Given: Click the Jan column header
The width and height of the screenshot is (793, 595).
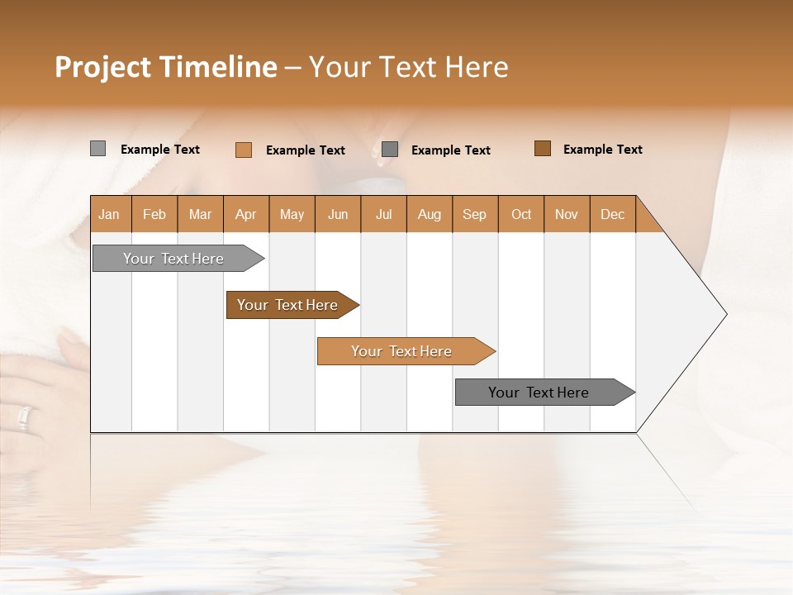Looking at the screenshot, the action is click(x=110, y=214).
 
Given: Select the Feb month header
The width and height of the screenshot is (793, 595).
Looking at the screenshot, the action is click(x=154, y=214).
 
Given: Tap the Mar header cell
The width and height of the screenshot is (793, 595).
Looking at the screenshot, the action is click(x=200, y=214).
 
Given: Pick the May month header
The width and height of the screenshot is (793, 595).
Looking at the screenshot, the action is click(x=292, y=214).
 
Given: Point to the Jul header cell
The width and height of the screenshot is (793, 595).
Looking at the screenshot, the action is click(x=383, y=214).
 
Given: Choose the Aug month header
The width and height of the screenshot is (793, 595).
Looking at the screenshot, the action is click(x=430, y=214).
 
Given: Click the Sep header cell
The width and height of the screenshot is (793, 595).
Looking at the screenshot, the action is click(x=475, y=214).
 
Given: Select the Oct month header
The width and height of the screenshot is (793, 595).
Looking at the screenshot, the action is click(x=521, y=214).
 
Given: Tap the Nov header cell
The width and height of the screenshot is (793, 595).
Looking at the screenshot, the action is click(x=567, y=214).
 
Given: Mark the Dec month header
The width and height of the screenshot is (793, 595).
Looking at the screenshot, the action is click(x=613, y=214).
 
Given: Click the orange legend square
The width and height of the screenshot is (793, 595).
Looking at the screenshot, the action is click(x=243, y=150).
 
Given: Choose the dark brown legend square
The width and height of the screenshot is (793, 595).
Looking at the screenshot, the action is click(x=542, y=149).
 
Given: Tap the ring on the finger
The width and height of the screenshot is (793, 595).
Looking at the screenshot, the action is click(x=24, y=418).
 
